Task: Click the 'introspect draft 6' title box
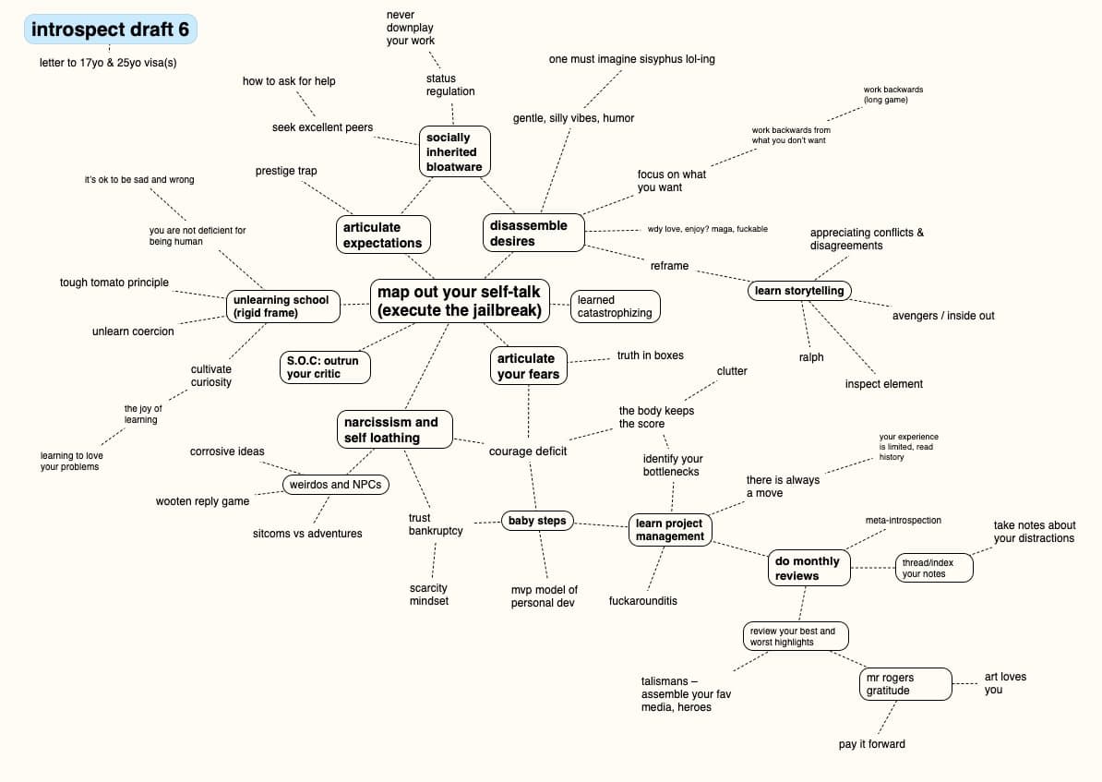point(111,30)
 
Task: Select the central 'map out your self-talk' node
point(460,301)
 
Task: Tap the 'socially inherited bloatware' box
point(452,151)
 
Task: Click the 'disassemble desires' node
point(533,233)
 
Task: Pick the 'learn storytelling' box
point(799,291)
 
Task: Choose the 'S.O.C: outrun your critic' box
point(325,367)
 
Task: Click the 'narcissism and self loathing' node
point(393,429)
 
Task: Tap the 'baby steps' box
point(537,521)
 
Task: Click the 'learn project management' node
point(670,530)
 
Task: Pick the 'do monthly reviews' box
point(808,568)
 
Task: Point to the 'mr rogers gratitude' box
point(904,683)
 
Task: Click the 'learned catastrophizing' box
point(615,307)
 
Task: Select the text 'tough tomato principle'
point(114,283)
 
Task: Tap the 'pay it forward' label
point(871,744)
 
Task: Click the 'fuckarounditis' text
point(642,601)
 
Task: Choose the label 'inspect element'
point(883,384)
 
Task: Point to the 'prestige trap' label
point(286,171)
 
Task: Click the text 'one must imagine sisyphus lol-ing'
point(631,59)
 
